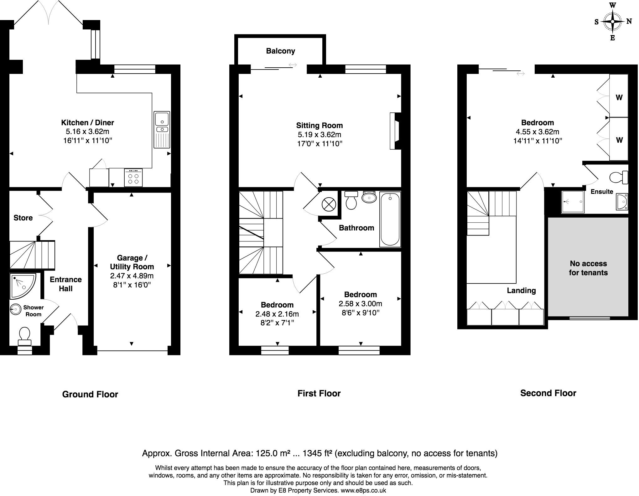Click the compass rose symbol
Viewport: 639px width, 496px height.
click(x=612, y=22)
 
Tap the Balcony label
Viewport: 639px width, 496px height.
click(x=280, y=51)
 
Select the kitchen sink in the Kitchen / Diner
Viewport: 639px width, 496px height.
click(x=162, y=130)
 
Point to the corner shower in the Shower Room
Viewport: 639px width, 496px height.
click(x=23, y=286)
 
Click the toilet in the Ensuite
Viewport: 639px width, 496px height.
click(x=619, y=177)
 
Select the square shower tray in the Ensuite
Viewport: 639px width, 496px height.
click(x=573, y=202)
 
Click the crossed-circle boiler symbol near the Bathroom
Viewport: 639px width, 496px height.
click(x=329, y=205)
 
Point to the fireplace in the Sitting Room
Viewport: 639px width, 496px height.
click(x=395, y=131)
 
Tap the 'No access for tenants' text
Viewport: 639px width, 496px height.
click(x=588, y=268)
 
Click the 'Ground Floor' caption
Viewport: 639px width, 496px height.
click(x=90, y=394)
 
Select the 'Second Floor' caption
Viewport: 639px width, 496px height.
click(x=548, y=393)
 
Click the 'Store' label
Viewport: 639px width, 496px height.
click(x=23, y=218)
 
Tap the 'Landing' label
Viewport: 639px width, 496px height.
click(x=521, y=291)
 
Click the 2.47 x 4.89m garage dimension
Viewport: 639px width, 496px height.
click(x=132, y=276)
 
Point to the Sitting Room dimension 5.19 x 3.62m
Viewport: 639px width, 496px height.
click(x=319, y=135)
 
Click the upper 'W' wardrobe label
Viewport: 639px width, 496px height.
click(x=619, y=97)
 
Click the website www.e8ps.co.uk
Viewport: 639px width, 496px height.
click(x=363, y=491)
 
